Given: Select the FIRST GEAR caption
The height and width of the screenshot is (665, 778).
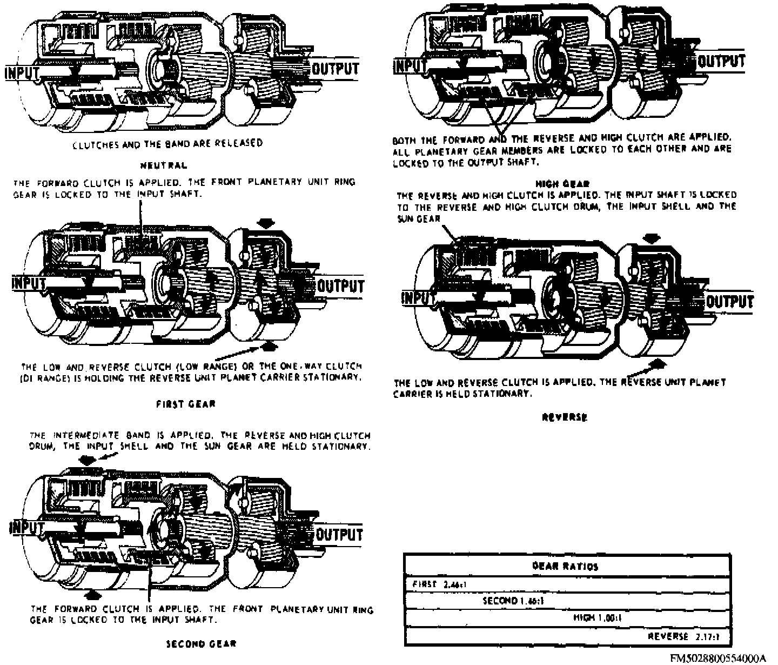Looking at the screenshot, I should tap(185, 404).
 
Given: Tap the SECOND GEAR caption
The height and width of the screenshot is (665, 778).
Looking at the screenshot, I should tap(200, 643).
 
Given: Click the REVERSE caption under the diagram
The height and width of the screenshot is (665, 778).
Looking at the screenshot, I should tap(564, 417).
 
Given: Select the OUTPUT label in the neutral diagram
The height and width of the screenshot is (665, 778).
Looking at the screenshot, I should tap(336, 69).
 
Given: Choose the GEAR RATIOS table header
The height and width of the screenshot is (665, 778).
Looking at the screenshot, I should tap(565, 567).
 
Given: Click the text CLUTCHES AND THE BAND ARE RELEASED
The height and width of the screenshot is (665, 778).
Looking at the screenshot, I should tap(167, 143).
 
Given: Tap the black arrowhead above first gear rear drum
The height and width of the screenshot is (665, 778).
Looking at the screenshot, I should tap(266, 223).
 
